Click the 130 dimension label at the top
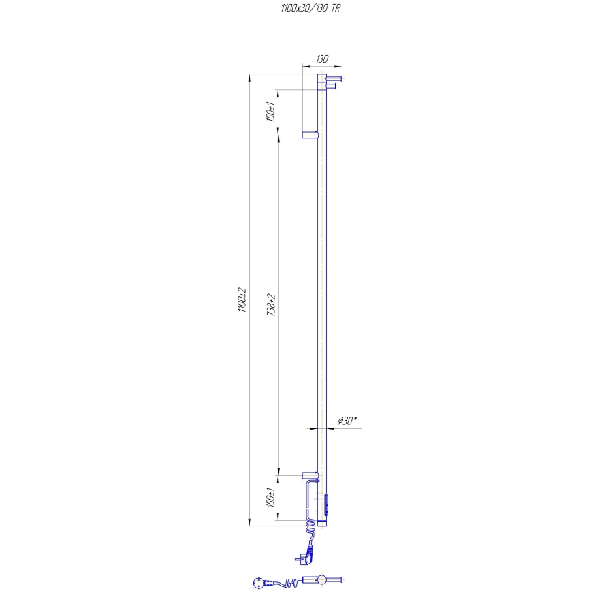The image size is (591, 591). point(321,60)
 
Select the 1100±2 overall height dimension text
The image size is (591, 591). point(242,300)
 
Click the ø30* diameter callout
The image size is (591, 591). point(347,421)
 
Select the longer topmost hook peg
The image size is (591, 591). point(334,79)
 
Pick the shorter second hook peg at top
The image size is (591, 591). point(332,86)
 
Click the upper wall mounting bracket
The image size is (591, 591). point(310,135)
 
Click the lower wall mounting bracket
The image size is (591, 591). point(310,475)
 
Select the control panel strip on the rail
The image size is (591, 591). point(326,505)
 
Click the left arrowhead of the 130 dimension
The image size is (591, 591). point(304,67)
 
